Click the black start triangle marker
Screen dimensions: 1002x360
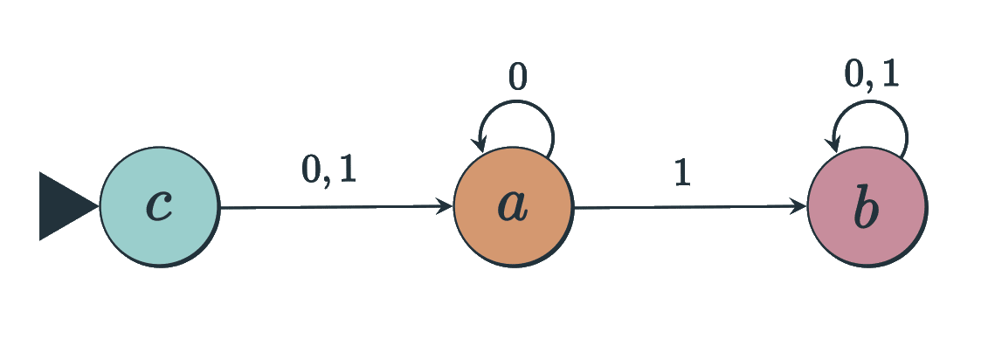click(x=64, y=206)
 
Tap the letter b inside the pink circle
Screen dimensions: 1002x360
click(x=867, y=207)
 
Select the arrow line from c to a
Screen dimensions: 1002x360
click(x=332, y=208)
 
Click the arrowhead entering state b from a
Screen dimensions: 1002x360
click(x=799, y=207)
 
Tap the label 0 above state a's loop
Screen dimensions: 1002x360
click(x=517, y=79)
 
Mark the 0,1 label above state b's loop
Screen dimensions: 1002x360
click(x=871, y=75)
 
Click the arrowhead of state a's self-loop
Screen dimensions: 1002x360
click(x=480, y=145)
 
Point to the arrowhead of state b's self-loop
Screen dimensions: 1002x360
click(x=834, y=145)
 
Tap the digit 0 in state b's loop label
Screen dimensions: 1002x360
click(x=854, y=75)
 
